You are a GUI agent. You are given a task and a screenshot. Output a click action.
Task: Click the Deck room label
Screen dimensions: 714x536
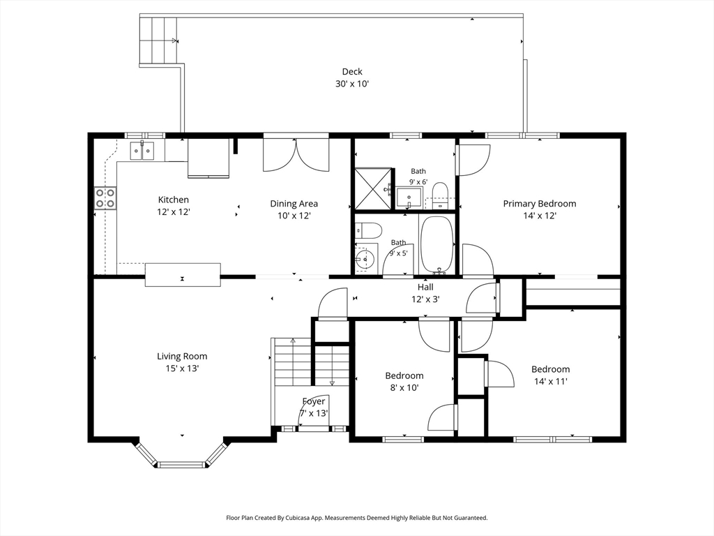(x=352, y=72)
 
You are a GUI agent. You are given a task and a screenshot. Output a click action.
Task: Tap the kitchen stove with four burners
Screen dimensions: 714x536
(x=105, y=198)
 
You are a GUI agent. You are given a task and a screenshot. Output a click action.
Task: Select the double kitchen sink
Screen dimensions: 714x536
(x=142, y=151)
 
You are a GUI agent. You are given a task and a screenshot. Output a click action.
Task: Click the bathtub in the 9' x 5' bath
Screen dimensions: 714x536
(x=437, y=244)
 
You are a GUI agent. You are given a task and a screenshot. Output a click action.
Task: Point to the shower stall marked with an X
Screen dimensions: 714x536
(x=373, y=188)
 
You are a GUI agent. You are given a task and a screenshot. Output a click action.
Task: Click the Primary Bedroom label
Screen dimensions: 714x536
(x=540, y=204)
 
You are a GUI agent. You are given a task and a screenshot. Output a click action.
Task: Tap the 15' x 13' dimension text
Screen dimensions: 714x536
(x=182, y=368)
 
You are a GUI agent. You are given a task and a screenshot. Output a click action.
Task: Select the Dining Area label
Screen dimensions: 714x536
(x=294, y=204)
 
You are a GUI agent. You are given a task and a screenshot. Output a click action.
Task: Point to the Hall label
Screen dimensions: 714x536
(x=426, y=287)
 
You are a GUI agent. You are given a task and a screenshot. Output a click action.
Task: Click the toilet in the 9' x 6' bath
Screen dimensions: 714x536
(x=440, y=195)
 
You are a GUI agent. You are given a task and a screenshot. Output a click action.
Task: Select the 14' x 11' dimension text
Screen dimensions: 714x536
(x=551, y=382)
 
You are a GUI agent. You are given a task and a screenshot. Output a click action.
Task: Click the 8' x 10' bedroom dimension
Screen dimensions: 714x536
(x=404, y=388)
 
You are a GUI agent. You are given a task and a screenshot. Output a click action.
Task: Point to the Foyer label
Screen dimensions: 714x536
(x=314, y=401)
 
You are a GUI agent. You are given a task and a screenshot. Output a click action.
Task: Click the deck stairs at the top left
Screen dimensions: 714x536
(x=158, y=40)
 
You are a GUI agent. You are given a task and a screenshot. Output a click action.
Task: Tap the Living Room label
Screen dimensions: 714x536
(x=182, y=357)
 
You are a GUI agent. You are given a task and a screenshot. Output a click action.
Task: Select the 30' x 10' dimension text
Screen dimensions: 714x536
(x=352, y=84)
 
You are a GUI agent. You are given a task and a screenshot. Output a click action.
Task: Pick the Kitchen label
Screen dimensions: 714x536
(x=174, y=200)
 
